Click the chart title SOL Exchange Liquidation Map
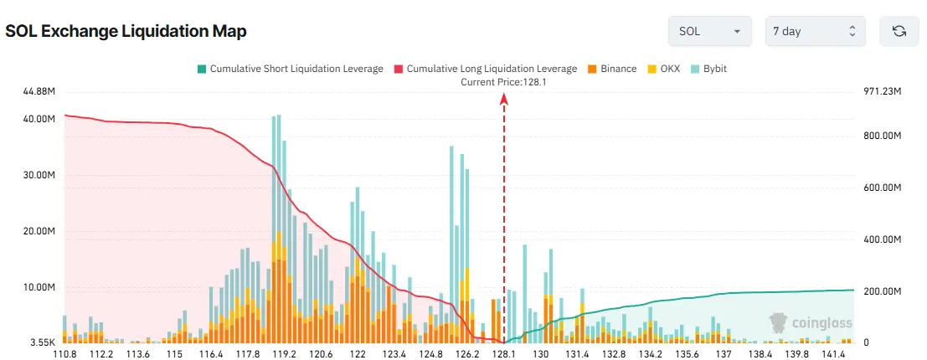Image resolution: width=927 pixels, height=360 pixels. click(x=126, y=31)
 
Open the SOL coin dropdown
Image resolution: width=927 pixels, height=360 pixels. click(x=708, y=31)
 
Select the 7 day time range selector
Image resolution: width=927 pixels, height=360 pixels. click(x=814, y=31)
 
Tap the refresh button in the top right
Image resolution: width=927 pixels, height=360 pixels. click(x=899, y=31)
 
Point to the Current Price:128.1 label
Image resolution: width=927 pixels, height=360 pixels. click(x=503, y=82)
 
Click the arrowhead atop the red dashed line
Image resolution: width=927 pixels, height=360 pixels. click(x=504, y=98)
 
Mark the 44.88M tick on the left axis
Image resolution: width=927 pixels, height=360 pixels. click(x=39, y=91)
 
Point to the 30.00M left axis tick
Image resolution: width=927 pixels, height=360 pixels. click(x=39, y=176)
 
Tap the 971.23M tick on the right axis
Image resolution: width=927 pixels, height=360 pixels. click(x=882, y=91)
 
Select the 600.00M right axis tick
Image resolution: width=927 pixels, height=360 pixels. click(x=882, y=188)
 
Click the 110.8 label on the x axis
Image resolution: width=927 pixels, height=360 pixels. click(x=64, y=354)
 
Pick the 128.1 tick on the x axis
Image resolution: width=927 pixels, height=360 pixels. click(x=504, y=354)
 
